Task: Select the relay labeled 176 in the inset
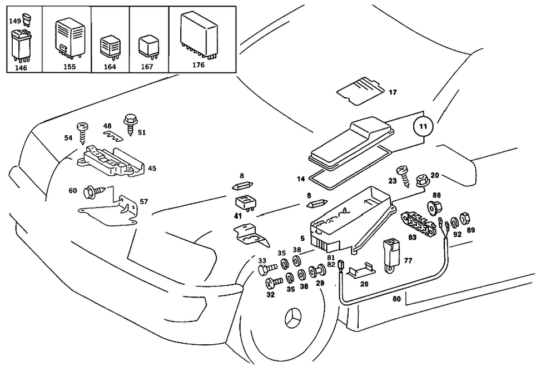coord(198,34)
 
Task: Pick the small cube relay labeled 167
coord(148,46)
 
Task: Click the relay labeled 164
coord(110,48)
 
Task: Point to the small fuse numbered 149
coord(26,21)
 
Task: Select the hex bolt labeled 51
coord(131,122)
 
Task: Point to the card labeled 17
coord(360,91)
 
